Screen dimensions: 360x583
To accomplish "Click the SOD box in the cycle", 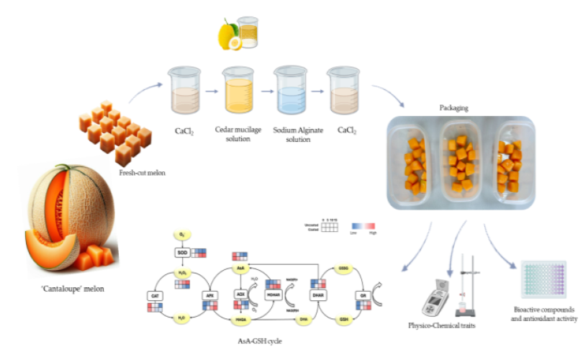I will [182, 253].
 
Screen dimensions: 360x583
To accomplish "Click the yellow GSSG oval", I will [343, 268].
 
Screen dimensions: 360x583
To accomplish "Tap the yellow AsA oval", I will [242, 268].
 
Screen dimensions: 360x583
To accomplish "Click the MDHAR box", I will [274, 294].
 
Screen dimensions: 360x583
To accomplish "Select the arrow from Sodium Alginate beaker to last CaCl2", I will [315, 92].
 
